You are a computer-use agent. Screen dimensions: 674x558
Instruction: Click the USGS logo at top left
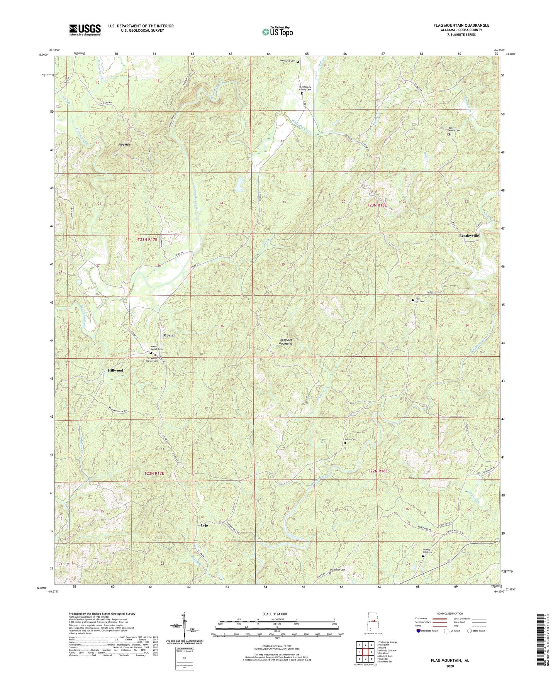(85, 30)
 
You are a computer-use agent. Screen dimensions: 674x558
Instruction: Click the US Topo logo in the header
(277, 32)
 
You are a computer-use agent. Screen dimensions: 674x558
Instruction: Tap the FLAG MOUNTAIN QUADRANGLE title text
(461, 25)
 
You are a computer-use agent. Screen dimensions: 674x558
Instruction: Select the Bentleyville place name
(469, 235)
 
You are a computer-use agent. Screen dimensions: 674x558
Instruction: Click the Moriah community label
(169, 335)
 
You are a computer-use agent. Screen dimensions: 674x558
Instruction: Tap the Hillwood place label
(115, 370)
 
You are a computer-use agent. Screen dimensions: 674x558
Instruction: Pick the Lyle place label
(204, 525)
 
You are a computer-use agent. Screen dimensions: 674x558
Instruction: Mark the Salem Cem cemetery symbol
(345, 443)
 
